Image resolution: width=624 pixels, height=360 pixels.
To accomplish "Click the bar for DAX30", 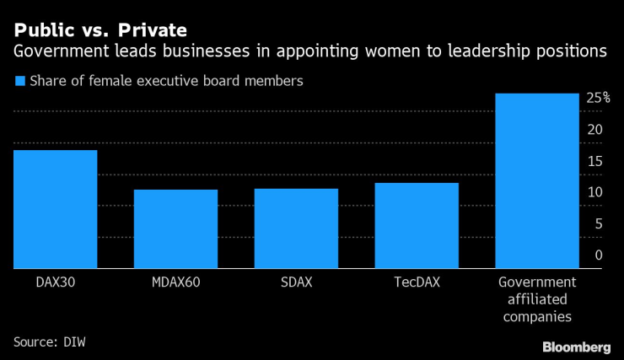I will point(55,209).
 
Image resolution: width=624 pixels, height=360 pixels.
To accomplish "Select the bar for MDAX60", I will point(175,228).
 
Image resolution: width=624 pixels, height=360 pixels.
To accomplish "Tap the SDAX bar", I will point(296,228).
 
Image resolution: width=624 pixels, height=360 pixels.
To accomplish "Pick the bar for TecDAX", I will point(417,225).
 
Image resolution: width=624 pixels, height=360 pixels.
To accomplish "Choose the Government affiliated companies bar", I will point(537,180).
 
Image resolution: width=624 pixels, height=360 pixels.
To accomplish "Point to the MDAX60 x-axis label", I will point(175,282).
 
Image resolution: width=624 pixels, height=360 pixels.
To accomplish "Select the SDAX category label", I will point(296,282).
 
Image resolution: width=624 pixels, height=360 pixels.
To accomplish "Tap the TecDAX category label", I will point(417,282).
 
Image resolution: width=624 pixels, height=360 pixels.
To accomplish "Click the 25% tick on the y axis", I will point(598,99).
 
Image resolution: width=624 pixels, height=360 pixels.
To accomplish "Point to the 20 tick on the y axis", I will point(595,130).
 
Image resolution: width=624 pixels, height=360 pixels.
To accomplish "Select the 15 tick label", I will point(595,161).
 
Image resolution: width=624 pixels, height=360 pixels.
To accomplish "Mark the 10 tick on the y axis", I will point(595,192).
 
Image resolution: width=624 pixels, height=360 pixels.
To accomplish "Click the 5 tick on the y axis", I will point(598,223).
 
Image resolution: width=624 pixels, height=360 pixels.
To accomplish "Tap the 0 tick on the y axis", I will point(598,255).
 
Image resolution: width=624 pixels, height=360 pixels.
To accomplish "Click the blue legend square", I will point(19,82).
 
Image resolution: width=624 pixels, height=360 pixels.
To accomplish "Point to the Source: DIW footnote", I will point(50,341).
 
